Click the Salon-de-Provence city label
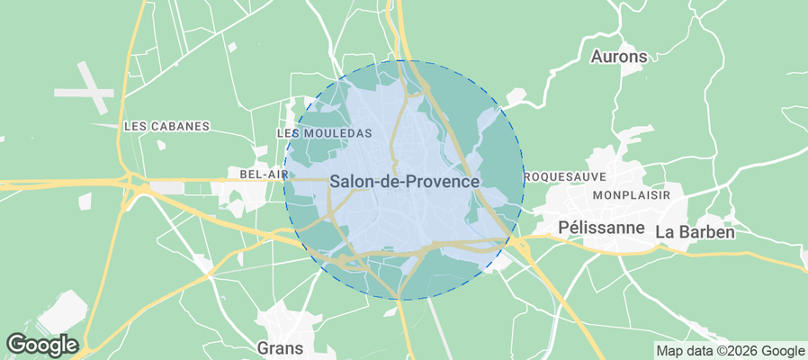(x=404, y=181)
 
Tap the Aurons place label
(x=618, y=57)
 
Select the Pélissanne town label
(x=601, y=227)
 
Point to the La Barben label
(x=695, y=231)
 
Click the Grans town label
(x=280, y=347)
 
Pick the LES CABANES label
(x=166, y=127)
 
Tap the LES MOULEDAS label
(x=324, y=132)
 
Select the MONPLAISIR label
(x=633, y=194)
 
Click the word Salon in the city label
(x=348, y=181)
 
